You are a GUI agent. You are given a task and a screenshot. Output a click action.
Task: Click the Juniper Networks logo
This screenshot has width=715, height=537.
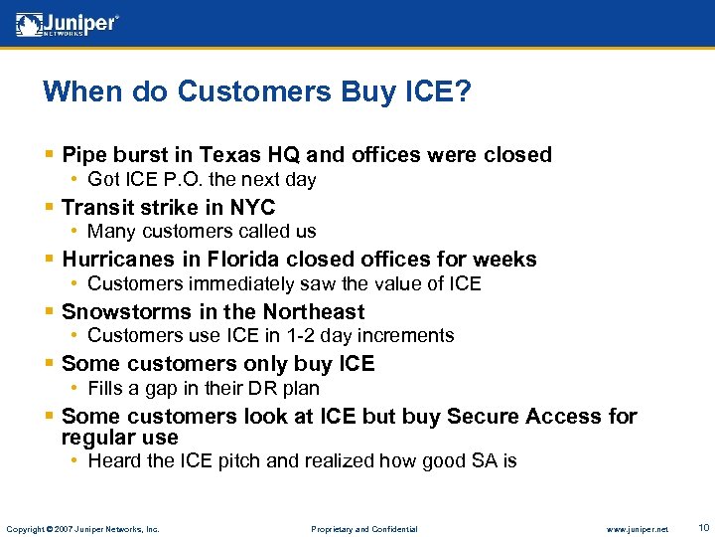click(x=68, y=25)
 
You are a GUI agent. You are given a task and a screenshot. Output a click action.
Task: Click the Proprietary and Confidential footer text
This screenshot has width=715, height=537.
click(x=364, y=529)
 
